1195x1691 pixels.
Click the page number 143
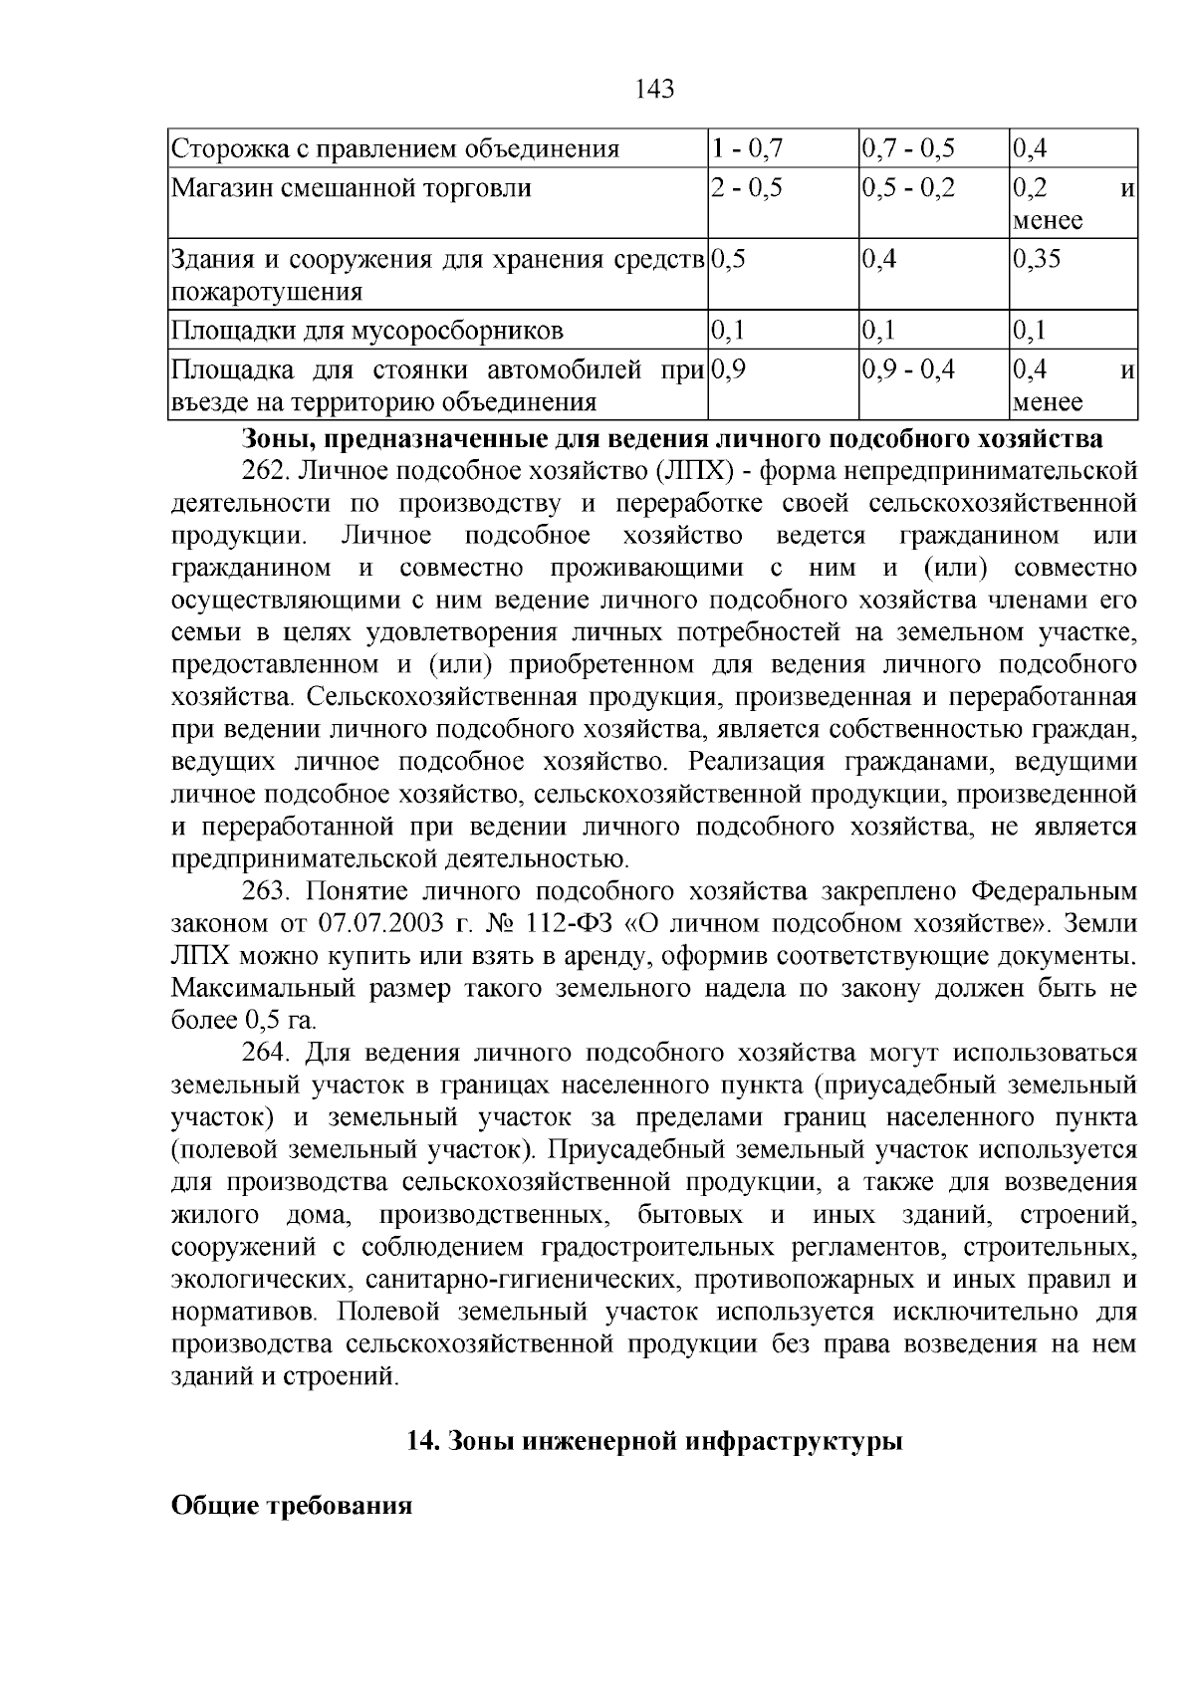click(x=654, y=90)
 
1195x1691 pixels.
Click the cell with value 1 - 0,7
click(x=748, y=149)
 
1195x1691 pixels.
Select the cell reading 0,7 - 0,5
click(x=907, y=149)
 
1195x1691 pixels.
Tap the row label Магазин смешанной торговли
click(x=352, y=188)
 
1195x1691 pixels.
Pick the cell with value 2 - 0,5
click(x=747, y=188)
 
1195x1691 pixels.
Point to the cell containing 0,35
click(x=1037, y=260)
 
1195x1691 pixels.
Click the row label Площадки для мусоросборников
click(x=368, y=331)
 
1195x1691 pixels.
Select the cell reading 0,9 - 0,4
click(x=907, y=370)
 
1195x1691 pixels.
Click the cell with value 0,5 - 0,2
click(x=907, y=188)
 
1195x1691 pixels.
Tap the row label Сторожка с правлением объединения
click(x=395, y=149)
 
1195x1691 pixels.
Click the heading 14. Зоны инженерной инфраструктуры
click(x=654, y=1442)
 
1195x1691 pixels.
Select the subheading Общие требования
click(x=292, y=1506)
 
